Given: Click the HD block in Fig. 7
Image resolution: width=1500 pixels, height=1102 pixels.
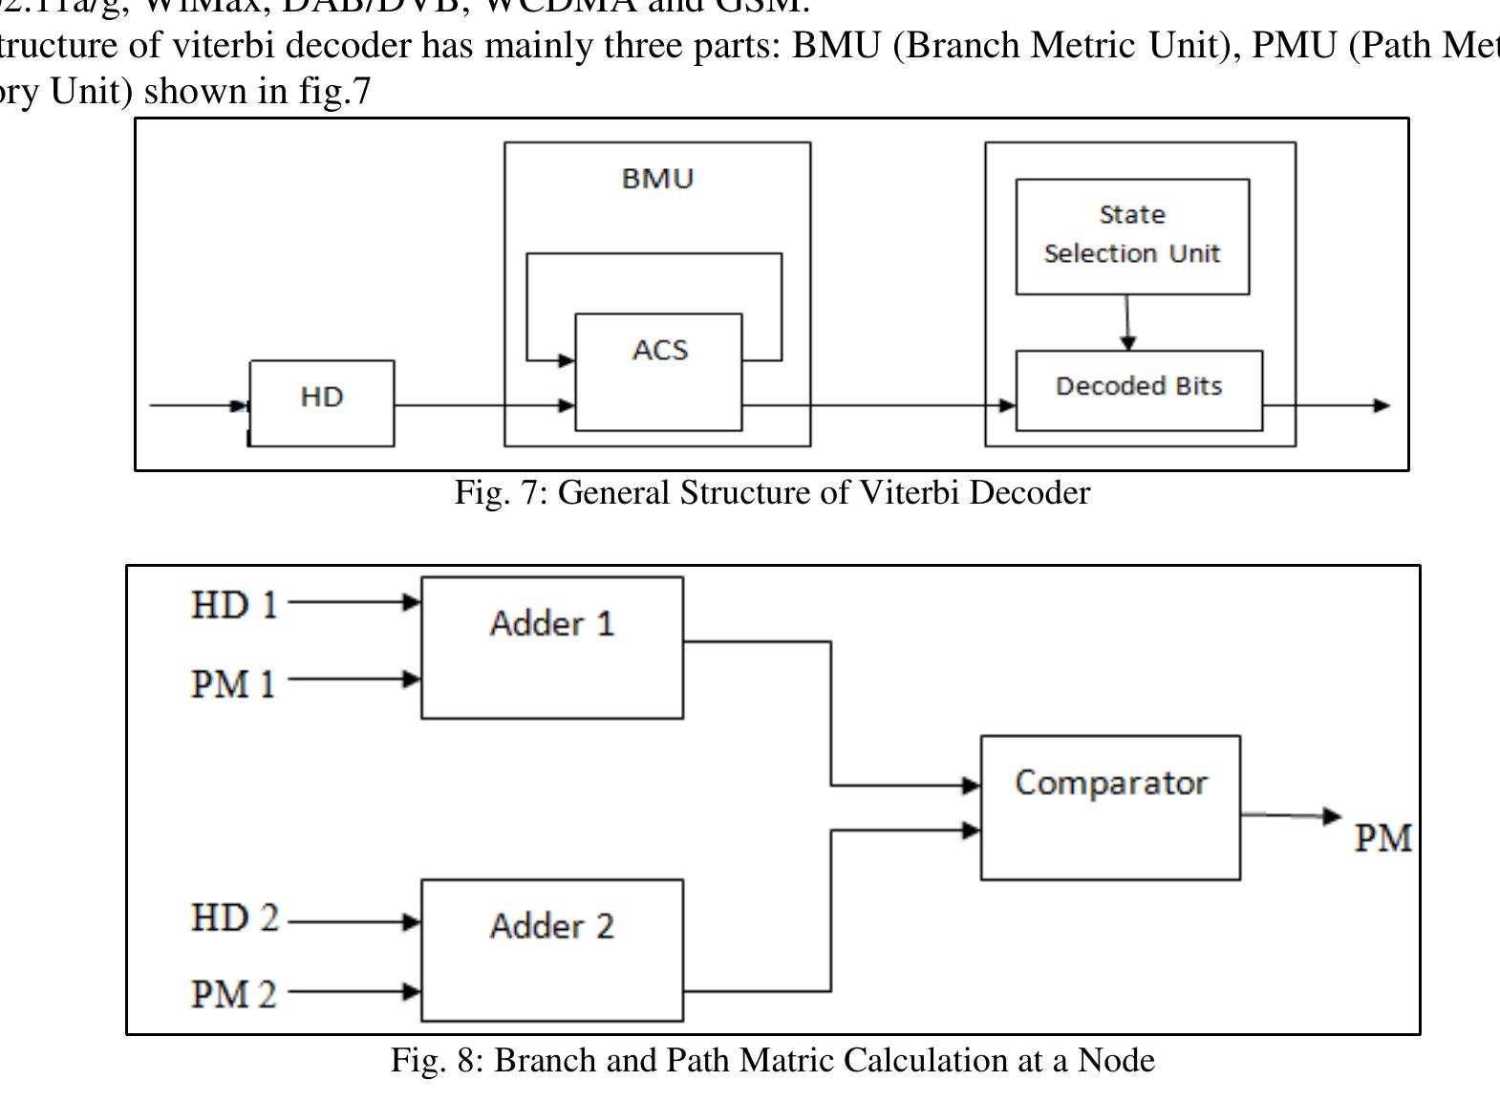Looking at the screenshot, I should click(322, 402).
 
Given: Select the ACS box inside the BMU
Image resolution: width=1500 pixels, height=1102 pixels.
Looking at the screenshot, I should click(658, 371).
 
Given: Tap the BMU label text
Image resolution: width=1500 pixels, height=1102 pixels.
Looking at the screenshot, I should click(657, 179).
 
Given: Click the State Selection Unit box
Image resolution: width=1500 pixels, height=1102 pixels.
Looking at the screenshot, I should click(1132, 235).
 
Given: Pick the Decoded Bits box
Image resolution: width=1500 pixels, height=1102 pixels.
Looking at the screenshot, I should click(1139, 390).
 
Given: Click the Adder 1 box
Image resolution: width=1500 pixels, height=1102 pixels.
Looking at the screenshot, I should click(552, 647).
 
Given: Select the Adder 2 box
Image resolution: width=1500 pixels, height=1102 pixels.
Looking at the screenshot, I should click(552, 949).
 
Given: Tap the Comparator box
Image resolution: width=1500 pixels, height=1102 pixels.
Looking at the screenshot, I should click(1110, 807).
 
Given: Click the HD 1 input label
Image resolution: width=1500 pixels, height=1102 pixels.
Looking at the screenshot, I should click(234, 605).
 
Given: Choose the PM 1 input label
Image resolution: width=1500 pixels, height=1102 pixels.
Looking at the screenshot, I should click(234, 683).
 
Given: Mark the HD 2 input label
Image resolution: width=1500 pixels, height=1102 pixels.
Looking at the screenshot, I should click(235, 918).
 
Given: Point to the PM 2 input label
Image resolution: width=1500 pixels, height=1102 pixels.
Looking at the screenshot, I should click(234, 994).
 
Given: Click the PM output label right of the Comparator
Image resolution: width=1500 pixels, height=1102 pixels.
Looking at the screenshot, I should click(1382, 838).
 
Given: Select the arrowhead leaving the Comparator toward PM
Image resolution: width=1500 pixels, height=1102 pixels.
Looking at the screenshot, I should click(1332, 815).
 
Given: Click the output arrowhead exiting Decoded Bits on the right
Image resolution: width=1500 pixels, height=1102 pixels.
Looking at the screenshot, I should click(1382, 405).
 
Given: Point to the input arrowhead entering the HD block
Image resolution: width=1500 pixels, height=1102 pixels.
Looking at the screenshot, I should click(240, 405).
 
